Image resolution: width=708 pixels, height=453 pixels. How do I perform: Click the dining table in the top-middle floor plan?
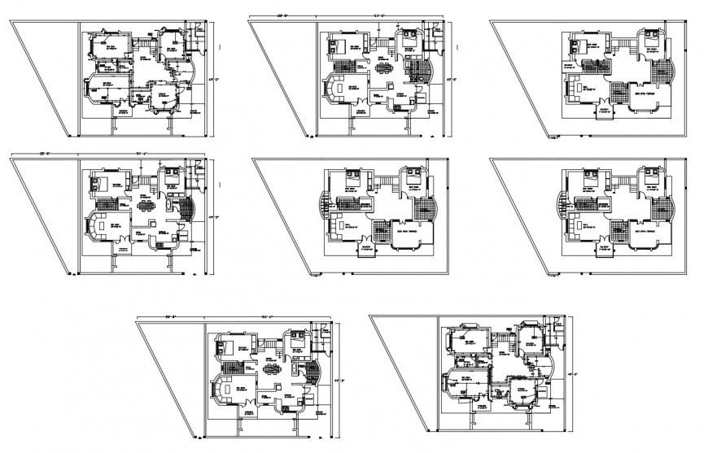[385, 68]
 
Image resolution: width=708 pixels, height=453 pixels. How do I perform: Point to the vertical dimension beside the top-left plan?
[211, 79]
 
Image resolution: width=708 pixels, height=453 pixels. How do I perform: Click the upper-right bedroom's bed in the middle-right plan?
[652, 174]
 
